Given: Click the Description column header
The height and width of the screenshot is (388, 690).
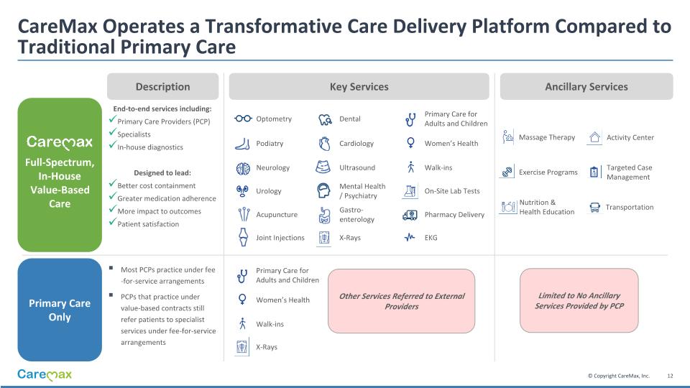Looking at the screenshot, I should click(x=163, y=86).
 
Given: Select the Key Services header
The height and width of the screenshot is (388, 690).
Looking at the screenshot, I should click(x=359, y=86).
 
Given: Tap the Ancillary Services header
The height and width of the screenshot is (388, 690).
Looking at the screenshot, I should click(x=586, y=86).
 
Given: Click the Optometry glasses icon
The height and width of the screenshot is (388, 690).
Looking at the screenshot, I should click(x=243, y=119).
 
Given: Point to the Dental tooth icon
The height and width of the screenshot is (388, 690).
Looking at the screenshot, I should click(x=324, y=119).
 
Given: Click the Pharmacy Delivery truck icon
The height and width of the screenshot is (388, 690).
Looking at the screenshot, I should click(x=410, y=214).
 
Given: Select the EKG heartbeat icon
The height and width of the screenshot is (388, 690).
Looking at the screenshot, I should click(x=410, y=237).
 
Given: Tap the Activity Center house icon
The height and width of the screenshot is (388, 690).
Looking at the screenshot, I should click(x=594, y=137).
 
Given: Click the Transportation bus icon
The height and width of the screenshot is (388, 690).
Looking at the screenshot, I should click(x=594, y=207).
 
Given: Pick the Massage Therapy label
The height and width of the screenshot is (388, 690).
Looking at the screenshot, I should click(x=546, y=137).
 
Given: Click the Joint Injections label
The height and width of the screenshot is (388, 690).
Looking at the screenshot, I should click(x=280, y=238).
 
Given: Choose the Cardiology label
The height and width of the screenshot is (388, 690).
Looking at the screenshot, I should click(x=356, y=144).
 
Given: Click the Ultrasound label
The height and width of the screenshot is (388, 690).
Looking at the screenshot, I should click(x=357, y=167).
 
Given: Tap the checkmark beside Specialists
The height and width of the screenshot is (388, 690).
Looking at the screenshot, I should click(x=112, y=134).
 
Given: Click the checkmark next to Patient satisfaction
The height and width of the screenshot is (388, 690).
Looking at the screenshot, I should click(x=112, y=223).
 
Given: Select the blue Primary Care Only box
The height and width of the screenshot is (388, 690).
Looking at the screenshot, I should click(x=60, y=310).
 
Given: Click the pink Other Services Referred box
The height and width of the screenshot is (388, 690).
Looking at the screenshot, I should click(x=402, y=301).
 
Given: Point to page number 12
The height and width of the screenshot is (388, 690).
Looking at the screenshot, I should click(x=670, y=376).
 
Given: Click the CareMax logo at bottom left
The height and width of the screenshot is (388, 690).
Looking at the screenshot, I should click(x=45, y=375).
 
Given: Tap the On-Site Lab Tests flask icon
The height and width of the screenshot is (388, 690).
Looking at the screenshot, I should click(x=410, y=191).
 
